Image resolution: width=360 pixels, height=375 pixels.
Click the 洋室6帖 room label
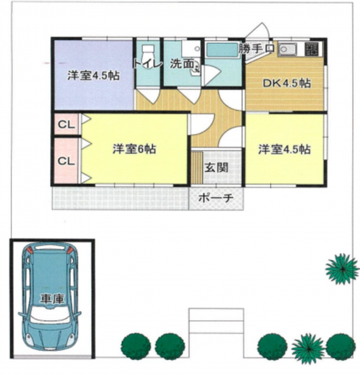(134, 149)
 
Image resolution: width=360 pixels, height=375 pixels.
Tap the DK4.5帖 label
(287, 84)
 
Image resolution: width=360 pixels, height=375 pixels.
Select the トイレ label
(147, 64)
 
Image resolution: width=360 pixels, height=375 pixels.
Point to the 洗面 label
(182, 64)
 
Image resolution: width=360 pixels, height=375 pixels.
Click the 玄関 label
(216, 167)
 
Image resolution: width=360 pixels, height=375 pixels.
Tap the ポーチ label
(216, 198)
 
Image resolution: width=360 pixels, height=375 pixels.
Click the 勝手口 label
(257, 49)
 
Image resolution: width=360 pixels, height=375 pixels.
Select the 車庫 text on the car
(52, 299)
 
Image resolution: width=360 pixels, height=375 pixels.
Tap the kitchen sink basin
(287, 49)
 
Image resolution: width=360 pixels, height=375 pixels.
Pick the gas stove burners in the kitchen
(311, 49)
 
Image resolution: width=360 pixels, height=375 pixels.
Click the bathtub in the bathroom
(222, 50)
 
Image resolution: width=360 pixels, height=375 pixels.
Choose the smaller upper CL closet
(66, 124)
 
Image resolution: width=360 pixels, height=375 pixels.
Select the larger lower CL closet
(66, 161)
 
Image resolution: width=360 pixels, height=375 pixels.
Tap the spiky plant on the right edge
(342, 269)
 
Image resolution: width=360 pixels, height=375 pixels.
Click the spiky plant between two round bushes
(309, 348)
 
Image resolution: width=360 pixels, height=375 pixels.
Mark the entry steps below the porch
(216, 321)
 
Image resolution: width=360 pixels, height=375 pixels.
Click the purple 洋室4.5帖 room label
(93, 76)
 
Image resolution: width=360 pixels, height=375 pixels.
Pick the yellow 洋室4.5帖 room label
(284, 149)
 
